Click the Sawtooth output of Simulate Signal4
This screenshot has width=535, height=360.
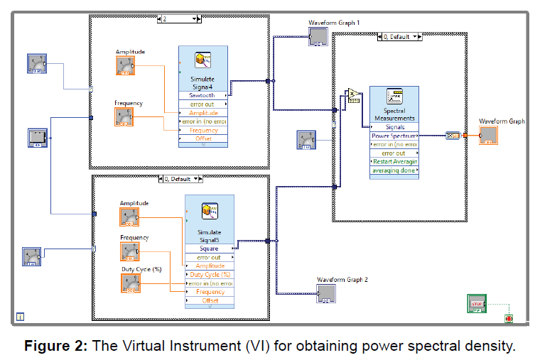point(203,95)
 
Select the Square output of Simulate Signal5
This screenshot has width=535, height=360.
point(209,249)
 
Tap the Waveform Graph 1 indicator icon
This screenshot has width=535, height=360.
point(318,37)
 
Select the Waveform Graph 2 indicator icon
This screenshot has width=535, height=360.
point(326,293)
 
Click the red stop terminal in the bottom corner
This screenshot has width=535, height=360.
point(508,319)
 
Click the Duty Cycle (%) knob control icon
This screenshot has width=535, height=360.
point(130,283)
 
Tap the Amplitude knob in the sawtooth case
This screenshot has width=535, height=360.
point(126,65)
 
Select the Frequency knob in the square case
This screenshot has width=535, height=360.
point(129,251)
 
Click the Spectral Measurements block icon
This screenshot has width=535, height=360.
point(394,98)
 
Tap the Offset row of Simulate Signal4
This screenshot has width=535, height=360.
point(203,139)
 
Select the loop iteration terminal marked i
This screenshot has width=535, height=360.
point(21,316)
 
